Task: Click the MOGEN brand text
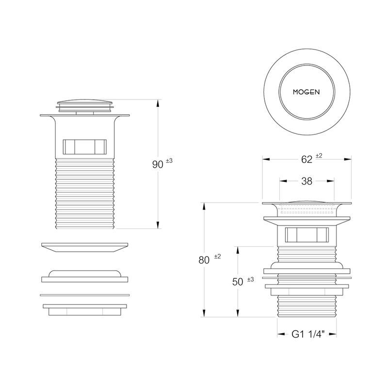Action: coord(306,92)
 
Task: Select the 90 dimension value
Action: coord(158,164)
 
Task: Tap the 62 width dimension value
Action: coord(307,160)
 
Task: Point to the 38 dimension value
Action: coord(307,181)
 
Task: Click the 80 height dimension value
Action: coord(204,260)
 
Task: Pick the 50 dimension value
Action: coord(238,282)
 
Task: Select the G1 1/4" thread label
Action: coord(308,334)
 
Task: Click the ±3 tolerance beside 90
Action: coord(169,161)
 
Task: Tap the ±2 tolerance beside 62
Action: coord(319,156)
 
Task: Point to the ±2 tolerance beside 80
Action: coord(217,257)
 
